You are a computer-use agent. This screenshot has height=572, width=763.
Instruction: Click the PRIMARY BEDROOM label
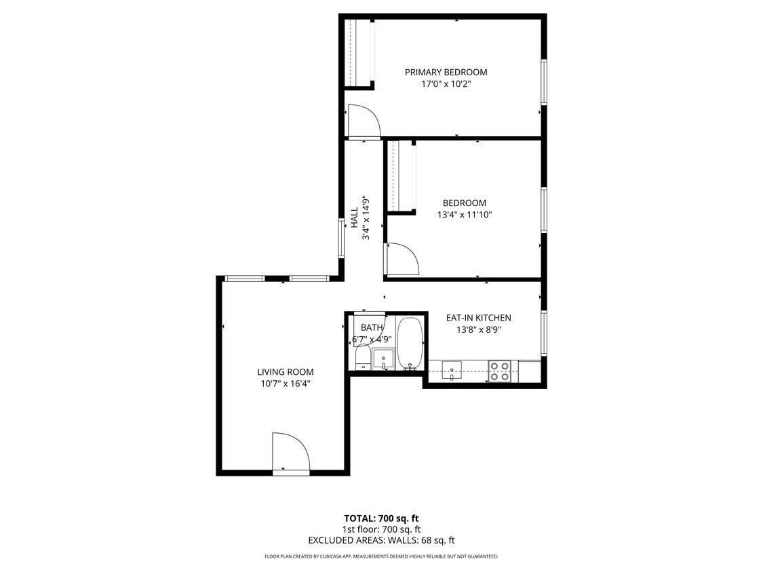[446, 73]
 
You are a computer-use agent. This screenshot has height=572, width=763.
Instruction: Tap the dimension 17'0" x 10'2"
[446, 85]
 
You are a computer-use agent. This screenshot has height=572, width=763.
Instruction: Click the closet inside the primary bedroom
[358, 53]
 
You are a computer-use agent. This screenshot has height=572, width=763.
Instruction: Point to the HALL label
[354, 218]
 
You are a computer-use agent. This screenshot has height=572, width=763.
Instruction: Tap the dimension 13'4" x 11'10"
[464, 215]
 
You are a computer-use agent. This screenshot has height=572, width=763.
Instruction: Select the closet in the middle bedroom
[400, 178]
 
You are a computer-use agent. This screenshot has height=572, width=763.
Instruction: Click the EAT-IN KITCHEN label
[478, 318]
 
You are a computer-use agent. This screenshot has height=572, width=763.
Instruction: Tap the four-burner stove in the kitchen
[501, 371]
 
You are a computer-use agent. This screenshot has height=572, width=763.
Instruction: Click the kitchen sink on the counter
[452, 370]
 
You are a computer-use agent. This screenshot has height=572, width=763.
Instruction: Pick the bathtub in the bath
[410, 344]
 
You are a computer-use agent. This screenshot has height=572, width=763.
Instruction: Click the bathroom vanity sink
[383, 359]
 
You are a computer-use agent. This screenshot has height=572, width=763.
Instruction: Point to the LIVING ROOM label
[285, 372]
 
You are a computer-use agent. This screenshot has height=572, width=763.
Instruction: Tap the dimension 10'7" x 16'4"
[285, 384]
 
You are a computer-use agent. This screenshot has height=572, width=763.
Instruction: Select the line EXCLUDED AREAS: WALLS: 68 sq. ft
[381, 540]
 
